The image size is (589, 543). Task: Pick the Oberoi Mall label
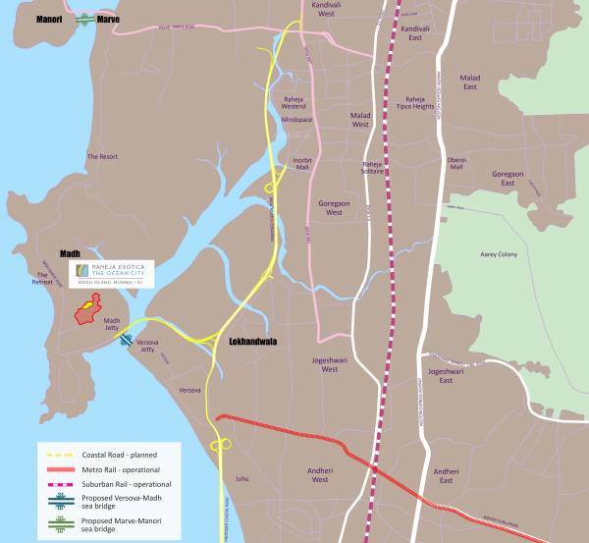tap(455, 163)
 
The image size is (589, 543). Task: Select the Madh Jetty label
tap(112, 325)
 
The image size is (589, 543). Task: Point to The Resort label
tap(101, 156)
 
